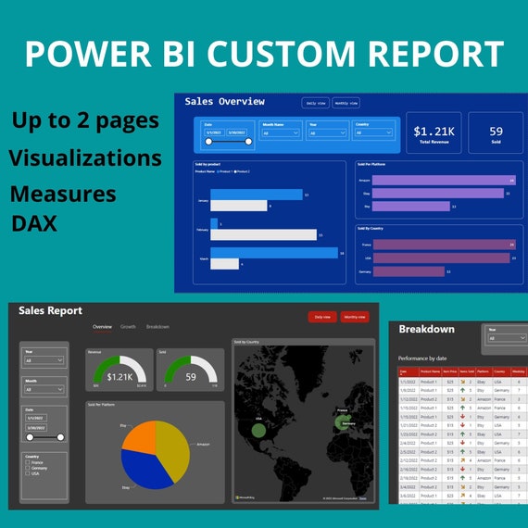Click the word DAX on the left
pos(34,223)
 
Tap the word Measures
pos(64,194)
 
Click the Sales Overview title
pos(224,101)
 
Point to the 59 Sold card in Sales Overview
pos(496,135)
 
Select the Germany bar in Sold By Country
pos(408,271)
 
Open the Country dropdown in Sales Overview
pos(374,133)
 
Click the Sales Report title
pos(51,311)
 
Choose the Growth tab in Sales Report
pos(128,327)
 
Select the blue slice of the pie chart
pos(144,469)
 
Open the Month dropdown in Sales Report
pos(45,391)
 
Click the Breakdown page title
pos(427,329)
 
